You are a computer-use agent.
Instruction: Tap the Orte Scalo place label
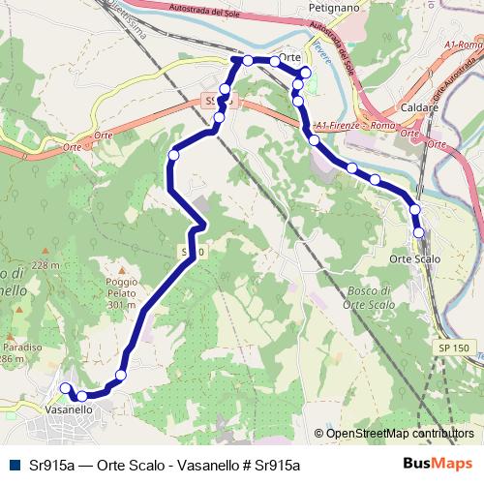click(x=413, y=258)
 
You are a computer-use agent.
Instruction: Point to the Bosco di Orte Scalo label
click(x=368, y=297)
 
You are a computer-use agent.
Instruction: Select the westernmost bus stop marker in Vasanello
click(x=66, y=388)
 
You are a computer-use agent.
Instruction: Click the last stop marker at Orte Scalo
click(x=419, y=232)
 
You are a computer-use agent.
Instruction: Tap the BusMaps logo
click(x=439, y=464)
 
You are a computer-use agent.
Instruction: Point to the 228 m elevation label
click(x=45, y=265)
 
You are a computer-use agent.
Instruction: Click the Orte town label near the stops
click(x=289, y=57)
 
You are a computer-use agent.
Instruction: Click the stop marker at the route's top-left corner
click(x=235, y=60)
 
